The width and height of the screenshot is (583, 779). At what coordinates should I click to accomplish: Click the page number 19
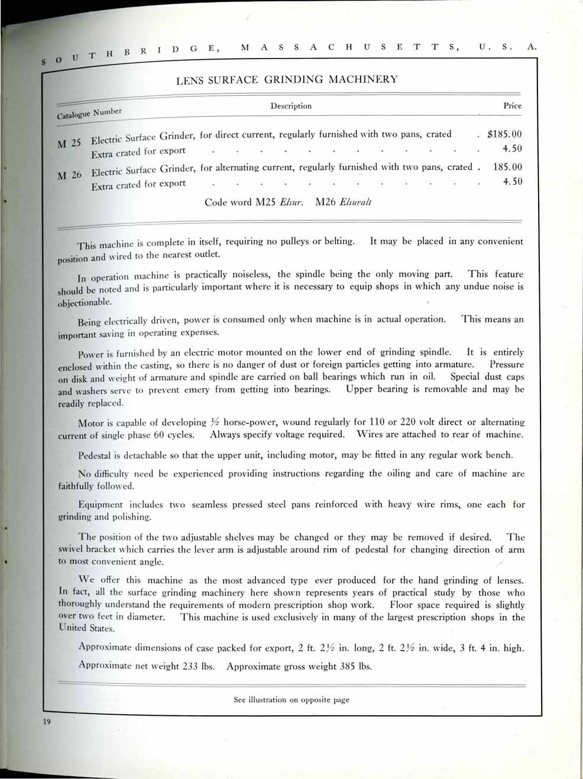pyautogui.click(x=47, y=722)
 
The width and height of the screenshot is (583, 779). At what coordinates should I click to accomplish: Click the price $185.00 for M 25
pyautogui.click(x=504, y=134)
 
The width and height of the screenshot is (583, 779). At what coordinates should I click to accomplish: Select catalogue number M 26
pyautogui.click(x=70, y=175)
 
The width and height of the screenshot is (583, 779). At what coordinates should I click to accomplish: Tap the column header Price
pyautogui.click(x=512, y=106)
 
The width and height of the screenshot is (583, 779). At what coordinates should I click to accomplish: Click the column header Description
pyautogui.click(x=291, y=106)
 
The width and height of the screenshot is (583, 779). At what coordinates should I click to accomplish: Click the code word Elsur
pyautogui.click(x=291, y=202)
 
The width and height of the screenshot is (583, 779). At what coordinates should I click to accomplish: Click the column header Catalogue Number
pyautogui.click(x=89, y=113)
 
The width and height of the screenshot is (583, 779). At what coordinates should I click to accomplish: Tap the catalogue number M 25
pyautogui.click(x=69, y=143)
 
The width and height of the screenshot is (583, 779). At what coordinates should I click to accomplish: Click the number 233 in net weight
pyautogui.click(x=190, y=666)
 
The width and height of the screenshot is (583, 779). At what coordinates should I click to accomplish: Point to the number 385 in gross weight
pyautogui.click(x=348, y=666)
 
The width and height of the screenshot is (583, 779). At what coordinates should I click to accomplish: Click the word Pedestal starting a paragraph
pyautogui.click(x=95, y=455)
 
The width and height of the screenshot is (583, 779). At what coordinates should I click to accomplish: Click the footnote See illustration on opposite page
pyautogui.click(x=291, y=700)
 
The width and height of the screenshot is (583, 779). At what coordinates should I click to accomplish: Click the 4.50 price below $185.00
pyautogui.click(x=512, y=149)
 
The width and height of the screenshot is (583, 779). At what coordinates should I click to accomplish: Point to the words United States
pyautogui.click(x=86, y=628)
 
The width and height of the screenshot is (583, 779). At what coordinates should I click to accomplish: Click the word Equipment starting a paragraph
pyautogui.click(x=101, y=505)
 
